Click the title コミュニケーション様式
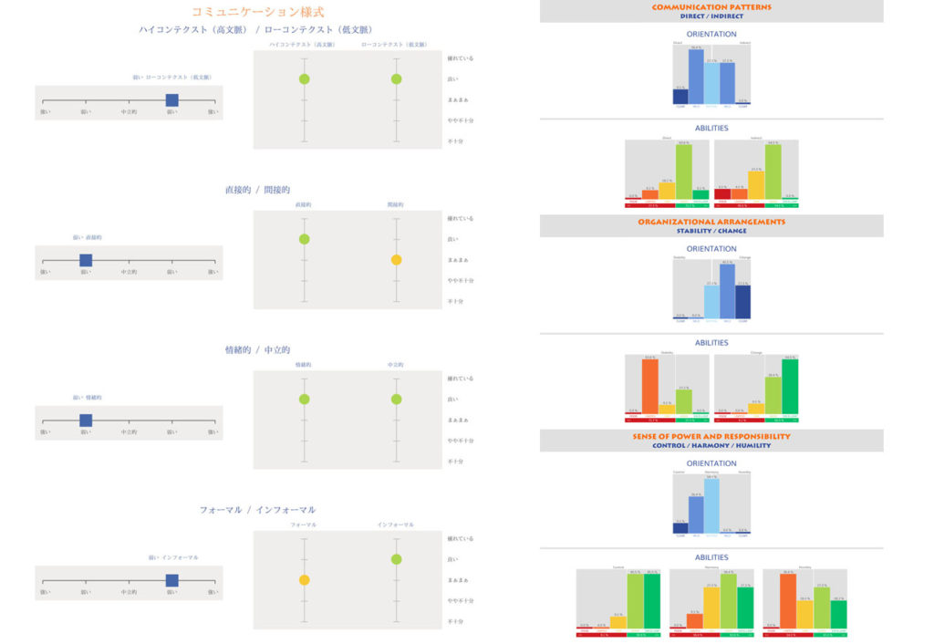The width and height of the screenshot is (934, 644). pyautogui.click(x=257, y=12)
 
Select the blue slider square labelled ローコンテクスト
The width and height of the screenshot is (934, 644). pyautogui.click(x=171, y=100)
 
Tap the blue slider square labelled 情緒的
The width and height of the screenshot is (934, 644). pyautogui.click(x=86, y=421)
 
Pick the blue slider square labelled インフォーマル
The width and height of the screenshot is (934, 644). pyautogui.click(x=171, y=580)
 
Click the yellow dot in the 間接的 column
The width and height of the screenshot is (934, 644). pyautogui.click(x=396, y=260)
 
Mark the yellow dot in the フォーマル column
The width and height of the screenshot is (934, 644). pyautogui.click(x=304, y=579)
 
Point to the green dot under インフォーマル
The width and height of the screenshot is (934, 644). pyautogui.click(x=396, y=558)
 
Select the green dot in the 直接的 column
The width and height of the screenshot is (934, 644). pyautogui.click(x=304, y=239)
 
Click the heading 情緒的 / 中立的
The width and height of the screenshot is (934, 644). pyautogui.click(x=257, y=350)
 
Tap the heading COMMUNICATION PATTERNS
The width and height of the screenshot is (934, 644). pyautogui.click(x=711, y=7)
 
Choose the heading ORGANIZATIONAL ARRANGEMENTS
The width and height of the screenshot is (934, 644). pyautogui.click(x=711, y=222)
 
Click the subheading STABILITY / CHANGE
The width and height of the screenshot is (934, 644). pyautogui.click(x=711, y=231)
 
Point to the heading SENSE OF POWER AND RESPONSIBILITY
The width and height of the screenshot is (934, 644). pyautogui.click(x=711, y=436)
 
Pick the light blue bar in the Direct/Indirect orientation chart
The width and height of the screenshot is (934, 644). pyautogui.click(x=711, y=83)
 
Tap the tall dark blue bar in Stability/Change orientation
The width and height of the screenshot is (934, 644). pyautogui.click(x=742, y=301)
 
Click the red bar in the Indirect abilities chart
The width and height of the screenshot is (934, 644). pyautogui.click(x=722, y=193)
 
